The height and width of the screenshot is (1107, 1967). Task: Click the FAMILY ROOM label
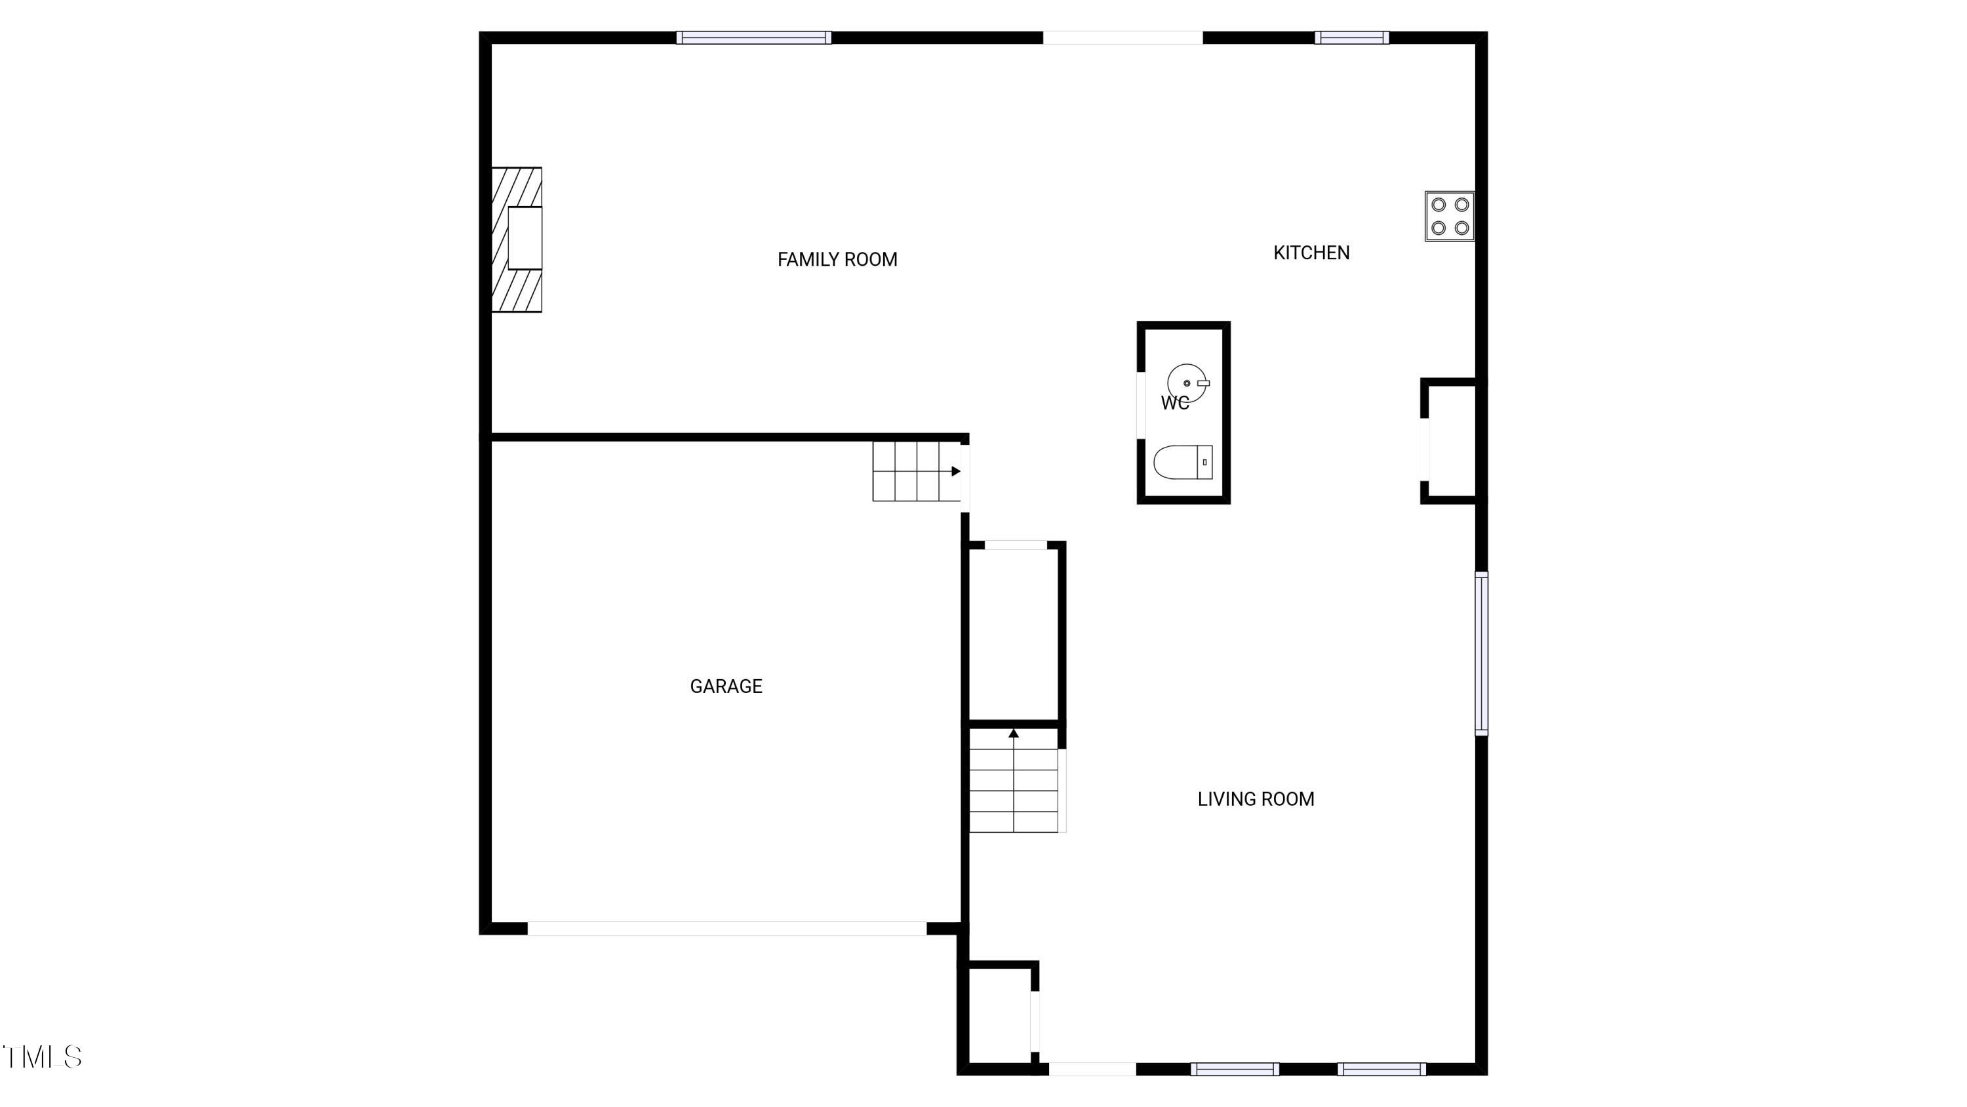coord(837,260)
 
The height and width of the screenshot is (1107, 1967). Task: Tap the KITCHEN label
coord(1311,253)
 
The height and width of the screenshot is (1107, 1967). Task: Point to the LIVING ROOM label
coord(1256,799)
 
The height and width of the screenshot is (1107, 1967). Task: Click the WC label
coord(1175,404)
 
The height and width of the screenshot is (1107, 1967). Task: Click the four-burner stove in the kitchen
coord(1449,216)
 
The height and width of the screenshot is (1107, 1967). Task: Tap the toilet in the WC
coord(1183,462)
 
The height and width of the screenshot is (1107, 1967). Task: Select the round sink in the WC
coord(1187,383)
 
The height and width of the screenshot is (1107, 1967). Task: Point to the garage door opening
coord(727,929)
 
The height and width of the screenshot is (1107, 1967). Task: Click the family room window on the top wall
coord(753,37)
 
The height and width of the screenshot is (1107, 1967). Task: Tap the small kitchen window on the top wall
coord(1351,37)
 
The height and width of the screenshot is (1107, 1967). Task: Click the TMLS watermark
coord(42,1057)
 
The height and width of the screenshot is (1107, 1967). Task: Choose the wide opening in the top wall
coord(1123,37)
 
